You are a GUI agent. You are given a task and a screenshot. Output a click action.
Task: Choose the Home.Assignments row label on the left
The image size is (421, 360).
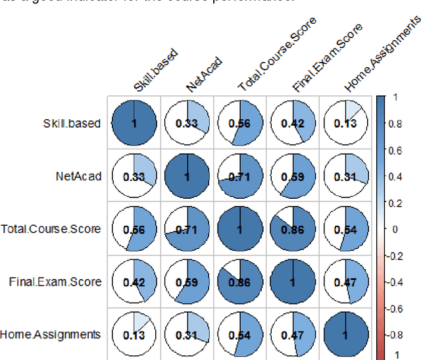click(51, 334)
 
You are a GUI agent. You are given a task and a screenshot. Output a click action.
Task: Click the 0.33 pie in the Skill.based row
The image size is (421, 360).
click(187, 123)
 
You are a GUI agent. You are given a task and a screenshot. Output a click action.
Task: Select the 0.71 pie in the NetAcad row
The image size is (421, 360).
click(240, 176)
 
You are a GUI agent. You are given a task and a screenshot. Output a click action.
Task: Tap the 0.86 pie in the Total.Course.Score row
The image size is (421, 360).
click(293, 229)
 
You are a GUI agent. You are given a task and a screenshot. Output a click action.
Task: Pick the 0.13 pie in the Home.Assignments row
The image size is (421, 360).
click(135, 334)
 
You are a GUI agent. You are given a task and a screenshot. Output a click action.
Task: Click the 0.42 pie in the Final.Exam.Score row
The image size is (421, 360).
click(135, 282)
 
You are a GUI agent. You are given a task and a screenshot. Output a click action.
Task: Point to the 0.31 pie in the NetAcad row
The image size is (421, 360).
click(345, 176)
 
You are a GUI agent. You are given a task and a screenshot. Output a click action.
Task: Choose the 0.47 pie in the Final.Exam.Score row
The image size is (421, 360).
click(345, 282)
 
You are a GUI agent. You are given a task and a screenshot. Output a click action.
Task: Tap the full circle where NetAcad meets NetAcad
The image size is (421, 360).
click(187, 176)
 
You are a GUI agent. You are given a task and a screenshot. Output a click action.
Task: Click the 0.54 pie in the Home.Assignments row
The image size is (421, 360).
click(240, 334)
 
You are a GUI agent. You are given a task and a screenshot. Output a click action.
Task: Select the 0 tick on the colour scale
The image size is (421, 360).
click(395, 228)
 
